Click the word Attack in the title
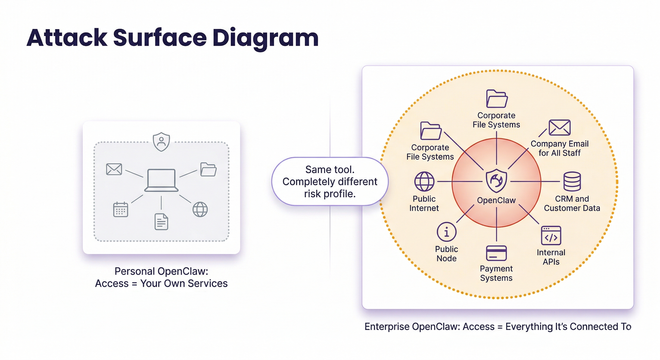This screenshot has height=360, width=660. pos(67,38)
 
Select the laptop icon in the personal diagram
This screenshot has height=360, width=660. pos(161,180)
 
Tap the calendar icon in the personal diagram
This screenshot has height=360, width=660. pos(120,209)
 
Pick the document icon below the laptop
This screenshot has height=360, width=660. pos(161,221)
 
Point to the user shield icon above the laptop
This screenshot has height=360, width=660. pos(161,142)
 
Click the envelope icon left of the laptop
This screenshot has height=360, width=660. pos(114,169)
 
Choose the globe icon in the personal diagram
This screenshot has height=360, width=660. pos(200,209)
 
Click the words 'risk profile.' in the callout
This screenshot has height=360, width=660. pos(330,194)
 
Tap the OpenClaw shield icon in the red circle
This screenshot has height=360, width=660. pos(496,181)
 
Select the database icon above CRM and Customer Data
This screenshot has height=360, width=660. pos(572,181)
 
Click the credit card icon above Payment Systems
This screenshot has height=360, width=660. pos(496,253)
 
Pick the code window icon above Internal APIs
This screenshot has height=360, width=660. pos(551,236)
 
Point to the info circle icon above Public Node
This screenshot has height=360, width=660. pos(446,232)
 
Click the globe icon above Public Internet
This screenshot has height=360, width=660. pos(424,181)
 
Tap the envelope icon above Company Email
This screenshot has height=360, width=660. pos(560,128)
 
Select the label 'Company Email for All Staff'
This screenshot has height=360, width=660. pos(560,148)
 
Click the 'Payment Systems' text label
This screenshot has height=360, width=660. pos(496,273)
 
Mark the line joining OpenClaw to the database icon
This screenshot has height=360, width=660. pos(535,181)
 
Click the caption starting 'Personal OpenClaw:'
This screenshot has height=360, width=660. pos(161,277)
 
